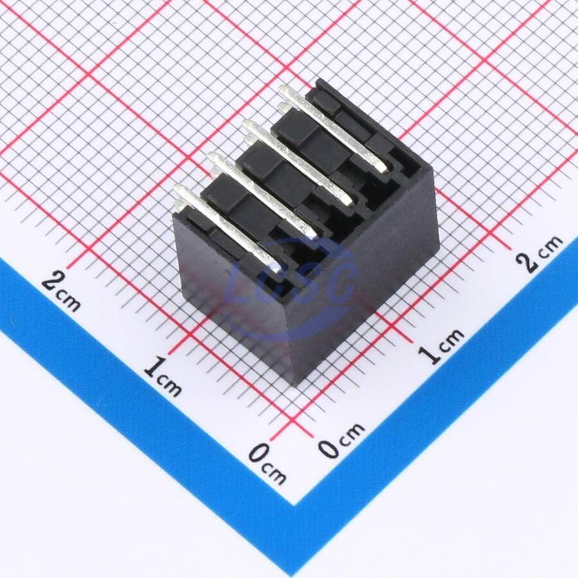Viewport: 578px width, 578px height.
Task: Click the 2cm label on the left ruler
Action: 61,291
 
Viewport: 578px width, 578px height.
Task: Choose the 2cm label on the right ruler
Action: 539,253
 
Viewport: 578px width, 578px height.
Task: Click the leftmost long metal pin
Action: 227,228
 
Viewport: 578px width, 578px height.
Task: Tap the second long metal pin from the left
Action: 263,195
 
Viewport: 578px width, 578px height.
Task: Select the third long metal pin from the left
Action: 298,162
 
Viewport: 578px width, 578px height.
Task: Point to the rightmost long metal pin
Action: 333,128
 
